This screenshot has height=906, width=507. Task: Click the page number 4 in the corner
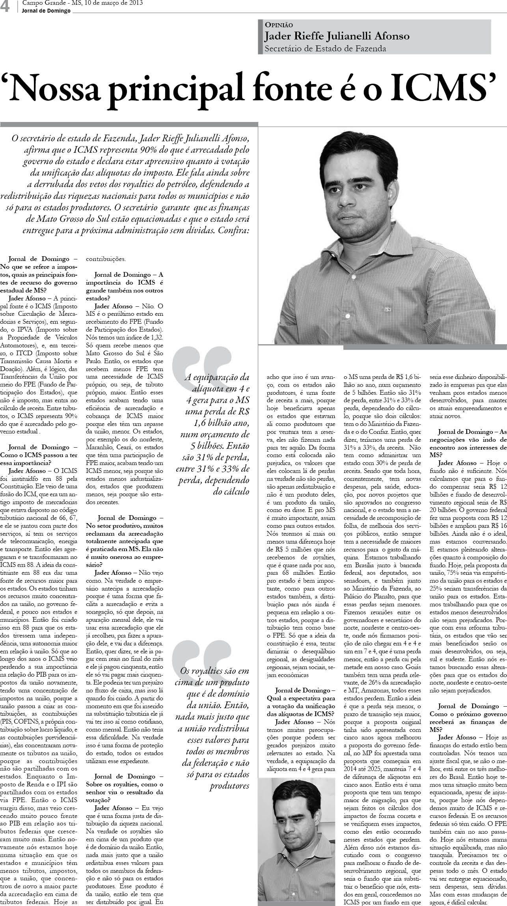(6, 7)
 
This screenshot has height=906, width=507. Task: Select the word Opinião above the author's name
(279, 24)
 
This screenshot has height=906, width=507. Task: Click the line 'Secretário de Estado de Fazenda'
(325, 49)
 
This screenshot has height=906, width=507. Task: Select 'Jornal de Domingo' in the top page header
(45, 11)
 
